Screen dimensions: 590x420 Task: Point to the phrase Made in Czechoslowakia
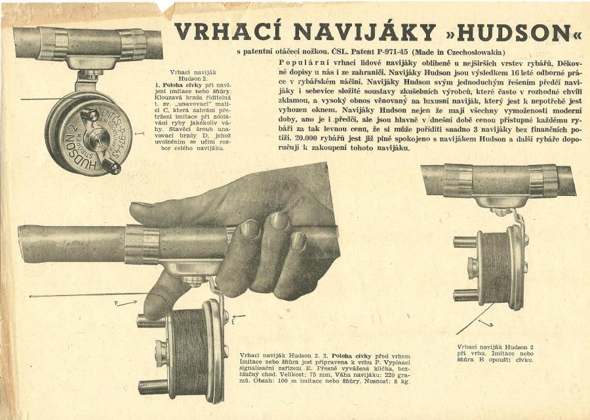pos(459,52)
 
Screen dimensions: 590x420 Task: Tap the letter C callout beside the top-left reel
pos(144,133)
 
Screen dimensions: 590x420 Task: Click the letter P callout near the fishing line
pos(117,303)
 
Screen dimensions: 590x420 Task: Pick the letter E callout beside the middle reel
pos(233,322)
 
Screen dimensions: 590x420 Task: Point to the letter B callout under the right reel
pos(491,324)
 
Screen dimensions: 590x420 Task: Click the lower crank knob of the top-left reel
pos(111,166)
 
